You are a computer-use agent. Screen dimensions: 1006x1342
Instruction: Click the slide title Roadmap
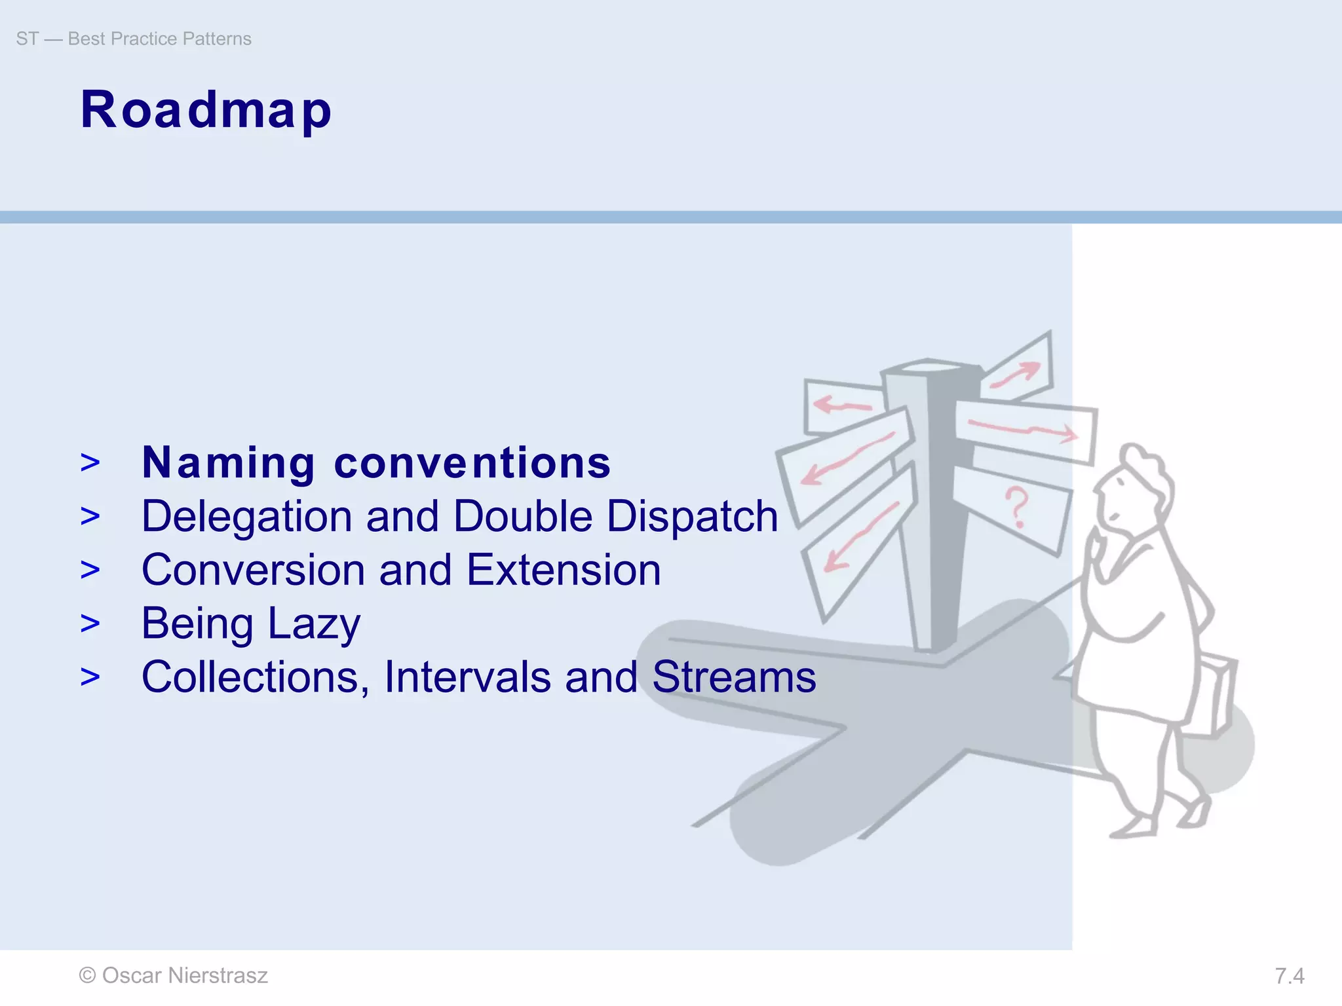coord(206,110)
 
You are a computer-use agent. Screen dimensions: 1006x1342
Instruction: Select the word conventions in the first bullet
coord(472,463)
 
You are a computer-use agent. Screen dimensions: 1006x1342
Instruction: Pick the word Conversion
coord(253,570)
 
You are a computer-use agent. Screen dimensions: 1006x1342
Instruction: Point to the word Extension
coord(564,570)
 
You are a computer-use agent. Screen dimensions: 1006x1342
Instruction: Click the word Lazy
coord(314,624)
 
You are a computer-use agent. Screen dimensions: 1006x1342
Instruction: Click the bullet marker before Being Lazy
coord(90,624)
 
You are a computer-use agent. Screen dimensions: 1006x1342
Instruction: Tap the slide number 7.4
coord(1289,977)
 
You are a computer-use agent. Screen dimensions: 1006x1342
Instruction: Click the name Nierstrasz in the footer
coord(218,976)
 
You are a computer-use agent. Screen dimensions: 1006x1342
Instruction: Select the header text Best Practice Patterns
coord(159,39)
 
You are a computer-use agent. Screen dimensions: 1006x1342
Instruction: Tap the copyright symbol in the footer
coord(87,976)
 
